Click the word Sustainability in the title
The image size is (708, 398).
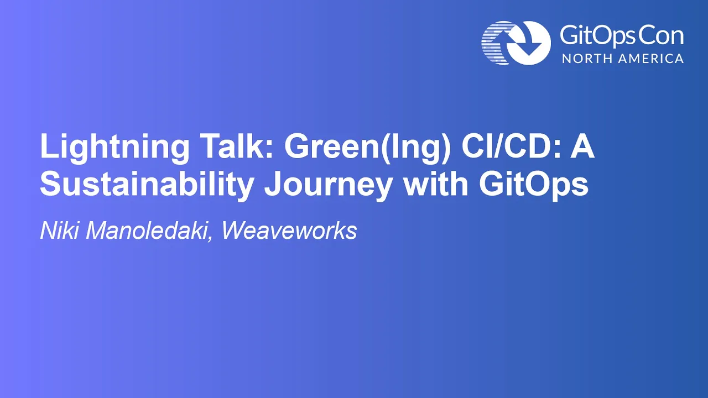[147, 185]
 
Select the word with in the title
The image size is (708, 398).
[436, 183]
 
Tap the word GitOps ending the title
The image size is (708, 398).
[534, 185]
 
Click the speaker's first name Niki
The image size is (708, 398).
[59, 231]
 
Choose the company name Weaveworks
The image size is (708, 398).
[289, 231]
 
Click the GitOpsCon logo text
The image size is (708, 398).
[621, 36]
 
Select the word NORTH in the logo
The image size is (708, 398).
[584, 59]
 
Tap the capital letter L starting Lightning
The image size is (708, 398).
[48, 145]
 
